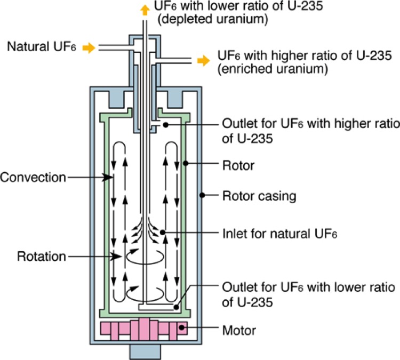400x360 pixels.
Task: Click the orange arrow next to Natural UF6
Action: point(89,48)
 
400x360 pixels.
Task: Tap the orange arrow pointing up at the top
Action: point(143,9)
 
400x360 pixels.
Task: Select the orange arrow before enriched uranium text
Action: point(203,61)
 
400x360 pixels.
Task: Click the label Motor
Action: point(239,331)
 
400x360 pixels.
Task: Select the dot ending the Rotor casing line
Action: point(202,196)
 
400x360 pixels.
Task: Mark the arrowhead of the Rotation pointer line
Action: point(117,257)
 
